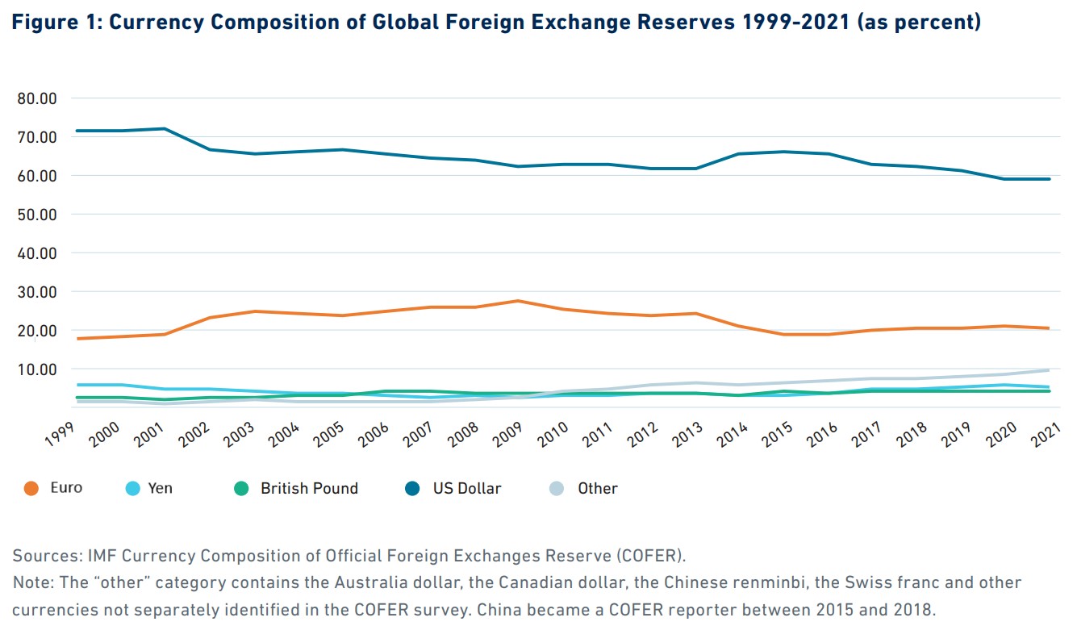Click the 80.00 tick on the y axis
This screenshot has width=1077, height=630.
pos(35,98)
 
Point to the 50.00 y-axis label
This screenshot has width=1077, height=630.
pos(35,215)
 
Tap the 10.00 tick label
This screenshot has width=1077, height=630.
pos(35,369)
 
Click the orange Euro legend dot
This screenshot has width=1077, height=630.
pos(31,489)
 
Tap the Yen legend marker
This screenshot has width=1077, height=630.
pos(133,489)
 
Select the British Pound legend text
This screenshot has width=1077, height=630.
pos(309,489)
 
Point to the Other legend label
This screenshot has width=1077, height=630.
pos(598,489)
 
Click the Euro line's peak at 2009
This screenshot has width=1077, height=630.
pos(518,301)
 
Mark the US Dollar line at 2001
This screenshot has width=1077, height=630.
pos(165,128)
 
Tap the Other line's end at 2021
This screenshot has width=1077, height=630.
pos(1049,370)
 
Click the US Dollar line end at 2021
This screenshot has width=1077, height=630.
pos(1049,179)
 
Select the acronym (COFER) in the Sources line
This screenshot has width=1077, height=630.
pos(650,556)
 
